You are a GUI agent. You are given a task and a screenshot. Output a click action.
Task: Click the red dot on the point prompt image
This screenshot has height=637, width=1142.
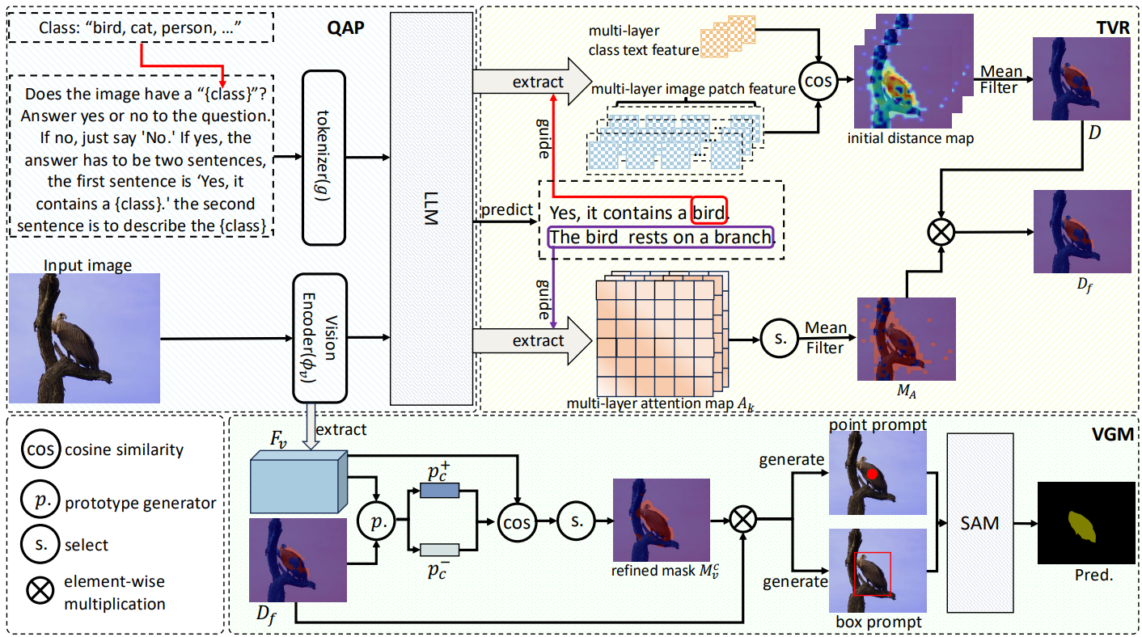(873, 474)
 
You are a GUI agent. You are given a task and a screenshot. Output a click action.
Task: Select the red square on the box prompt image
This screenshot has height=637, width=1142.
(873, 574)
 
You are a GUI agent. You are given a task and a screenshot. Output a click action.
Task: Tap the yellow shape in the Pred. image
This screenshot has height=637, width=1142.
(1082, 526)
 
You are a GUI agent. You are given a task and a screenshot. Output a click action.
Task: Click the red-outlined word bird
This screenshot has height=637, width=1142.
(709, 213)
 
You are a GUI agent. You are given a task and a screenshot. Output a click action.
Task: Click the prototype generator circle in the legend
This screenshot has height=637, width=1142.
(40, 502)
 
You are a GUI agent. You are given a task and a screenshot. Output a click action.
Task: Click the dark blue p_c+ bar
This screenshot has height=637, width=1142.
(440, 491)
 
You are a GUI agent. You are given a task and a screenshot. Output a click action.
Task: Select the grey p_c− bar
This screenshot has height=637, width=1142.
(440, 551)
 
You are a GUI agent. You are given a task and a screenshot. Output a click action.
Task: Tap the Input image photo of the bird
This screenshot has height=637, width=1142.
(85, 337)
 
